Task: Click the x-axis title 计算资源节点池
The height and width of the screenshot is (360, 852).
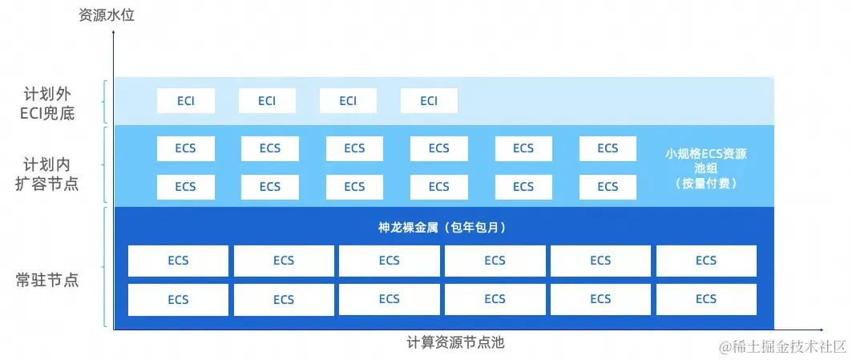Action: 455,342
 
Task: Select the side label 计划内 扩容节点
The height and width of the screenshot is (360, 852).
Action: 47,176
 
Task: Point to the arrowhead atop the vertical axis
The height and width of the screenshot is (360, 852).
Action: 115,33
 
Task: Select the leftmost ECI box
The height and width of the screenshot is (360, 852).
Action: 185,101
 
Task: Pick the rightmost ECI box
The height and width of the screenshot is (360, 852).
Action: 429,101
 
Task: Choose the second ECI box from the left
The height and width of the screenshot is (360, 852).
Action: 267,101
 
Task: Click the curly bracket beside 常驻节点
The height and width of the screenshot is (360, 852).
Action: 107,267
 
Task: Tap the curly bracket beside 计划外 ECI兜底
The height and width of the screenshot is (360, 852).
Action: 107,101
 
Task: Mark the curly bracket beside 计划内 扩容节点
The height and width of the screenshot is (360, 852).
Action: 107,166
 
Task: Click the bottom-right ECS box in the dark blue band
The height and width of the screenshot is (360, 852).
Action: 706,299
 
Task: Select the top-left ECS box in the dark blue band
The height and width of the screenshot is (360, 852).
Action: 178,261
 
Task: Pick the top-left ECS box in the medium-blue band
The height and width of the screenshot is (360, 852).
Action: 185,148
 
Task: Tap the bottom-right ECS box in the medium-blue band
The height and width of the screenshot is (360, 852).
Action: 608,187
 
